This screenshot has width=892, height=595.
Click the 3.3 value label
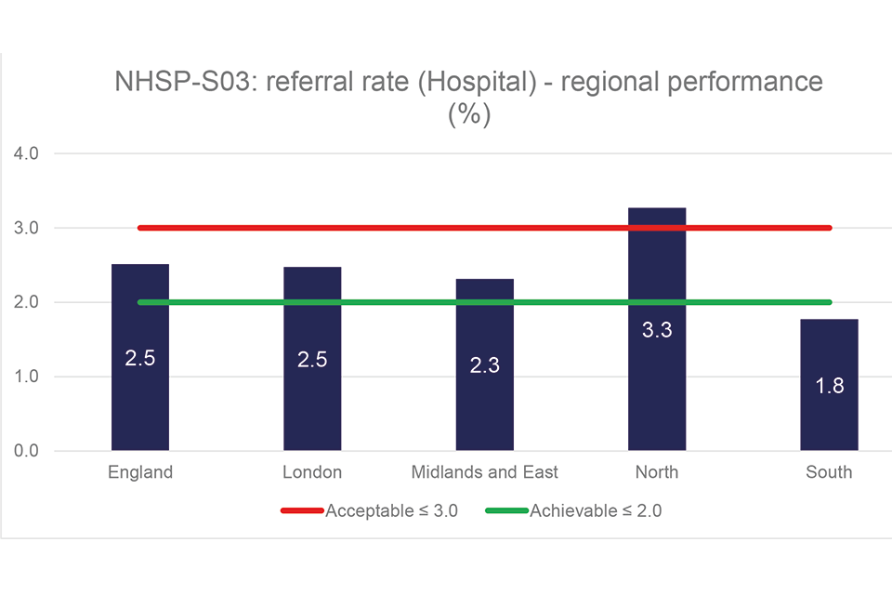[x=657, y=329]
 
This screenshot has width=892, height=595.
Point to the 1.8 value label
[x=830, y=385]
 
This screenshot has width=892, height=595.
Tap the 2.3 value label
[x=485, y=365]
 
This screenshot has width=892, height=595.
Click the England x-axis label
[x=140, y=472]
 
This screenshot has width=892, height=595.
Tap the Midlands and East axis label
[x=485, y=472]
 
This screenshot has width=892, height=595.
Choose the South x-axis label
[x=829, y=472]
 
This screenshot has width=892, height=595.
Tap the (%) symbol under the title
[x=468, y=115]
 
